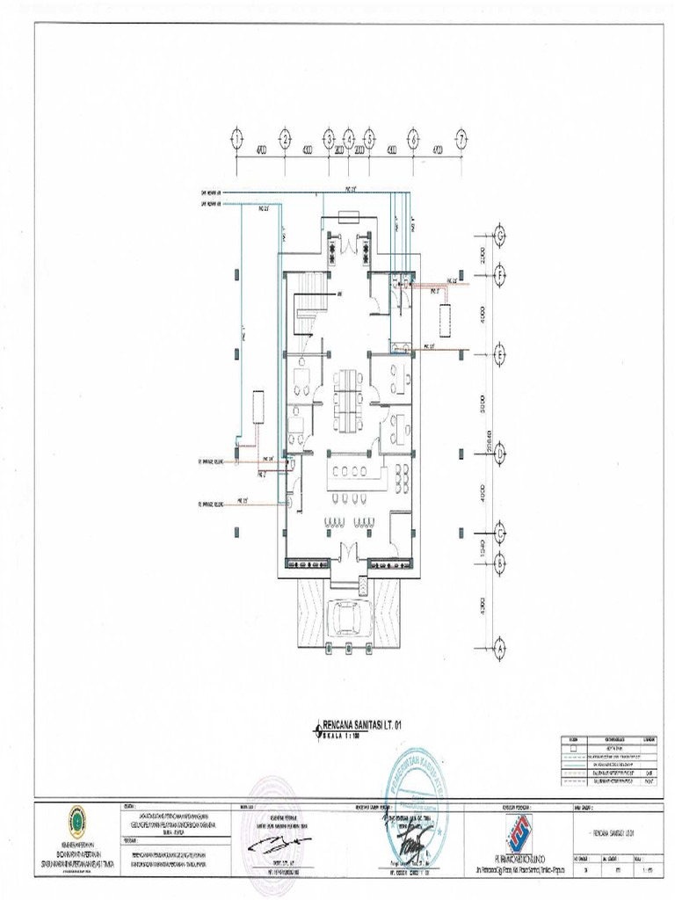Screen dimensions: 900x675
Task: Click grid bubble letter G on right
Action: click(x=500, y=236)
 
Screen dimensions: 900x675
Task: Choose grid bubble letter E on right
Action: click(x=500, y=355)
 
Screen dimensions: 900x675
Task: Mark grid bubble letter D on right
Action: click(x=500, y=454)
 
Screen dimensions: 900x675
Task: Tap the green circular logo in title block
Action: click(x=76, y=824)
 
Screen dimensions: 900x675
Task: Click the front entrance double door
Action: click(x=350, y=554)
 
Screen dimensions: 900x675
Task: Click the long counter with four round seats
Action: click(x=355, y=475)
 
